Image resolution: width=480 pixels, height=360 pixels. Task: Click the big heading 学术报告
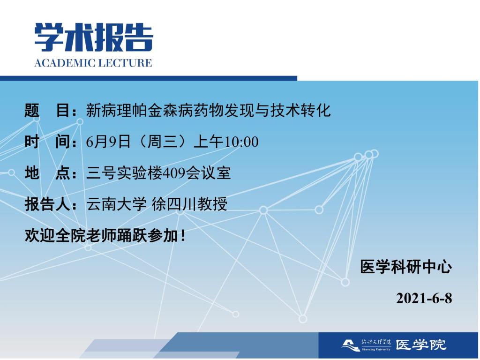[94, 37]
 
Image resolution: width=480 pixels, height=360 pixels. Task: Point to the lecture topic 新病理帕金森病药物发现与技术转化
[208, 111]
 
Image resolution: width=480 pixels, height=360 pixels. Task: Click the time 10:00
[241, 142]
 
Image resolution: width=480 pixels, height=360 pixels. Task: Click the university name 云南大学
[116, 204]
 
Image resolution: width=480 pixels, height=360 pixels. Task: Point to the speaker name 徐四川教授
[189, 204]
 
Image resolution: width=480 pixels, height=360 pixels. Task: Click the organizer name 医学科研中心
[406, 267]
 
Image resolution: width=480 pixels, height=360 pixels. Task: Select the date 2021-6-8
[424, 298]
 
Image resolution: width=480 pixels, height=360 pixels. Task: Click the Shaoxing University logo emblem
[351, 345]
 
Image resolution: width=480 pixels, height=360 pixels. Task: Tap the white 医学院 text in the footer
[421, 345]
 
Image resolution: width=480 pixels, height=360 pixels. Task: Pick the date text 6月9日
[108, 142]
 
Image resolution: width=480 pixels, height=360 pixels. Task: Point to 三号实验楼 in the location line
[124, 173]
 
